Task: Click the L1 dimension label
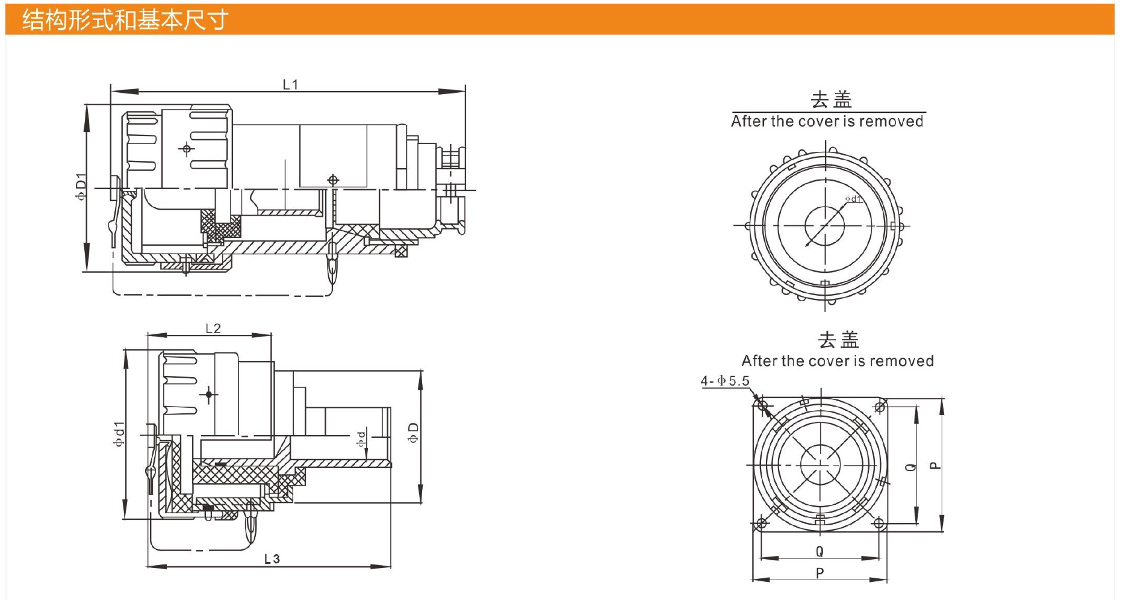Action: [290, 84]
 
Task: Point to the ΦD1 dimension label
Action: [81, 187]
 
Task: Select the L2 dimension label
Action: [213, 328]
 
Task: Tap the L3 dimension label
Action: [272, 559]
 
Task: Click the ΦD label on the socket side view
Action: [413, 432]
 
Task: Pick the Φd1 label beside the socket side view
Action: [119, 434]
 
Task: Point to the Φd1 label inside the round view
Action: [853, 199]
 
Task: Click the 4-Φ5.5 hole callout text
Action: [725, 381]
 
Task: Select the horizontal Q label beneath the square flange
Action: [820, 551]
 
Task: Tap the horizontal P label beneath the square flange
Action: [820, 573]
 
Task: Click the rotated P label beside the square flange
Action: [935, 465]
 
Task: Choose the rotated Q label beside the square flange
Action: [911, 466]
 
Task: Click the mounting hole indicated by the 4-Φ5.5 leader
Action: [764, 405]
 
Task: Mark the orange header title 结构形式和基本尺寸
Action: [125, 20]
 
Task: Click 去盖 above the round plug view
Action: [831, 99]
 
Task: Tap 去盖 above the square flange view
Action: [838, 340]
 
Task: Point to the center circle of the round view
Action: [825, 226]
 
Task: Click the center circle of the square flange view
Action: [820, 465]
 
